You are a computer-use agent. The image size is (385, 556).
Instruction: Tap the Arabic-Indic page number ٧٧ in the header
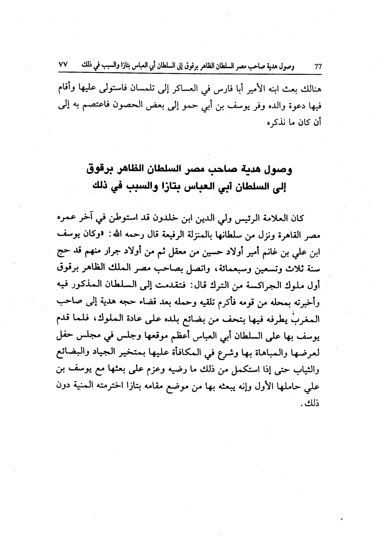click(64, 65)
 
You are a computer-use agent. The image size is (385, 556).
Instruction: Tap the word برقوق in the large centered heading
click(105, 170)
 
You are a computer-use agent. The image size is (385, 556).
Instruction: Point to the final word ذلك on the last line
click(311, 403)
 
